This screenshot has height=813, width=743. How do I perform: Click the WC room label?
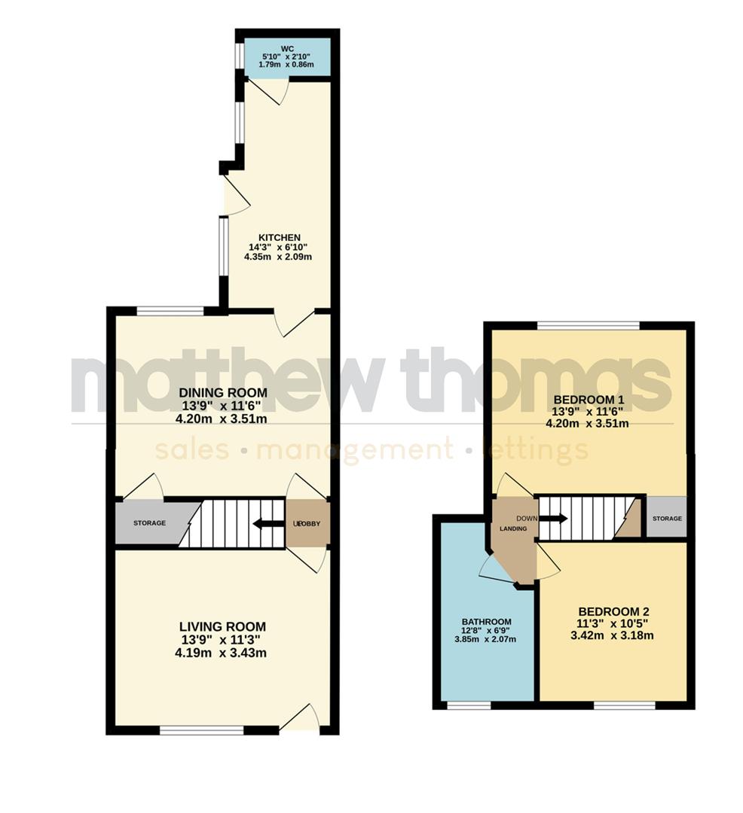click(286, 50)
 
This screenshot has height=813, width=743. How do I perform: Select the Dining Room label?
click(222, 392)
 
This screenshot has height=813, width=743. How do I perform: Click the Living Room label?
click(222, 626)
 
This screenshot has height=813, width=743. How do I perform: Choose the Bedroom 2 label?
click(613, 611)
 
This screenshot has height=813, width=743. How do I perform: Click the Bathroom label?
click(486, 621)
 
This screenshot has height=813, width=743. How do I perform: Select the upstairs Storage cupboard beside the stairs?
click(667, 518)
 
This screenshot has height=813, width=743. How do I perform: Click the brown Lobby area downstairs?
click(307, 523)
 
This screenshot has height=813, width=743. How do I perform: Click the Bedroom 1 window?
click(588, 325)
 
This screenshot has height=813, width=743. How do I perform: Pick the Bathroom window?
click(468, 705)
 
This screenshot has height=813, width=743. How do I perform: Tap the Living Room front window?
click(201, 729)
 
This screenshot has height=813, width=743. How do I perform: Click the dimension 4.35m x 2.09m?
click(277, 257)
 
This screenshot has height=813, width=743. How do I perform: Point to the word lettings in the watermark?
click(537, 450)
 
